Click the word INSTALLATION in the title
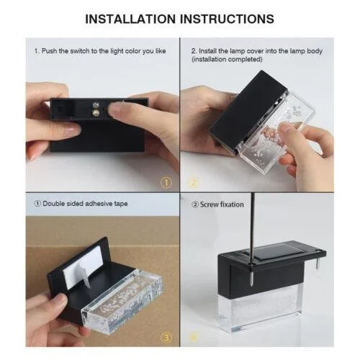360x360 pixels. [x=130, y=19]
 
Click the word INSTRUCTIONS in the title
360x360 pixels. [x=227, y=19]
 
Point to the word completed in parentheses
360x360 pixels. [x=244, y=59]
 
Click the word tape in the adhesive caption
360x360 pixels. [x=121, y=204]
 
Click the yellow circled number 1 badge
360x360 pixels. [x=166, y=183]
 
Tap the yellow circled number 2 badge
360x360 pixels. [x=194, y=183]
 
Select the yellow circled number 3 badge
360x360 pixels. [x=166, y=338]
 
